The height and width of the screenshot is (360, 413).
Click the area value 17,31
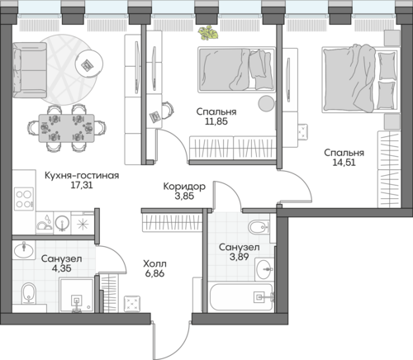[x=82, y=185]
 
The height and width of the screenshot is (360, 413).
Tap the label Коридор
[x=184, y=187]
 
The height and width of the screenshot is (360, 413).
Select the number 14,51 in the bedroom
[x=344, y=163]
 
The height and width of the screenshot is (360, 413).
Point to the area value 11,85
[x=216, y=121]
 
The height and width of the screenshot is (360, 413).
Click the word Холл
[x=154, y=264]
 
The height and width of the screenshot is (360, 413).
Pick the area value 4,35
[x=62, y=268]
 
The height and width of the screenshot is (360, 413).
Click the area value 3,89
[x=239, y=257]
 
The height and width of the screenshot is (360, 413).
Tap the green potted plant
[x=208, y=33]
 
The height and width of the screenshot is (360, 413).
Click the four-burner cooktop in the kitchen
[x=24, y=199]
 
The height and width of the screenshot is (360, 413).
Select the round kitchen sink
[x=62, y=222]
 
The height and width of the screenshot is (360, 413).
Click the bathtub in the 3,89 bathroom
[x=241, y=297]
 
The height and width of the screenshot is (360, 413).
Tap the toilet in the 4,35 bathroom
[x=29, y=293]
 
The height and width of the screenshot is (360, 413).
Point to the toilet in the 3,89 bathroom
[x=259, y=227]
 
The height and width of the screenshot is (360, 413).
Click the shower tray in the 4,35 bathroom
[x=76, y=296]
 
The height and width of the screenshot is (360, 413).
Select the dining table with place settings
[x=66, y=128]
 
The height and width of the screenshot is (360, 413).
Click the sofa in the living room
[x=30, y=70]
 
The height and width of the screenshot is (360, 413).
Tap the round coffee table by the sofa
[x=89, y=64]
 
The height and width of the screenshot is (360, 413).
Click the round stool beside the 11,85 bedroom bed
[x=266, y=103]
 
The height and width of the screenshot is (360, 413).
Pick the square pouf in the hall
[x=132, y=304]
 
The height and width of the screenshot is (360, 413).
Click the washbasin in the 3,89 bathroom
[x=263, y=269]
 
